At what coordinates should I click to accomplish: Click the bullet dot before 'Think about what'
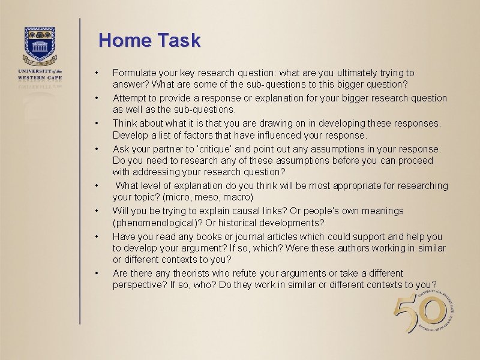click(96, 123)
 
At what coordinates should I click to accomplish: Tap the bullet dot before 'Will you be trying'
click(96, 211)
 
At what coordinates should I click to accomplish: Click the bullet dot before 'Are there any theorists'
click(96, 273)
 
